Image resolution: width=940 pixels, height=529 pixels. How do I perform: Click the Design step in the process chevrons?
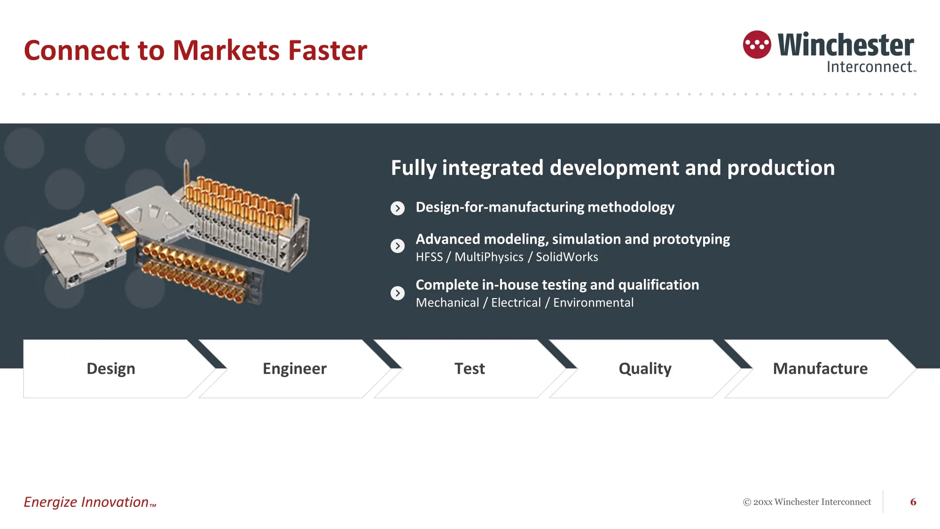coord(111,369)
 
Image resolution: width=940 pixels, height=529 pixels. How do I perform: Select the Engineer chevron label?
coord(295,369)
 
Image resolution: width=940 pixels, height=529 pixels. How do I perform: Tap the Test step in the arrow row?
coord(470,369)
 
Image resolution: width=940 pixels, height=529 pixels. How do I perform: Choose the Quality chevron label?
coord(645,369)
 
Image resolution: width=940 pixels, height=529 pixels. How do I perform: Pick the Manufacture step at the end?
coord(820,369)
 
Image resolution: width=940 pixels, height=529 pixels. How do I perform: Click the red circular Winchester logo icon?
coord(757,45)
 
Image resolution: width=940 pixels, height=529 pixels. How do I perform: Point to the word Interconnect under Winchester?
coord(869,67)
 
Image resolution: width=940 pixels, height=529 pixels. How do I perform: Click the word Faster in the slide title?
coord(328,50)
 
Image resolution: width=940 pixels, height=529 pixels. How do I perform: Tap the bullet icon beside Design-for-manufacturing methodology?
coord(398,208)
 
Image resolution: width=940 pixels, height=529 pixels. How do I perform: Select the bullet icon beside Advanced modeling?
coord(398,246)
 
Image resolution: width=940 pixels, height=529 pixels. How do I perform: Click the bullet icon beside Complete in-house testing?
coord(398,293)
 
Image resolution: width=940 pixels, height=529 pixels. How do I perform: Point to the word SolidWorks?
coord(567,257)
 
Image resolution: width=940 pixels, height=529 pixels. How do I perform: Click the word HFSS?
coord(429,257)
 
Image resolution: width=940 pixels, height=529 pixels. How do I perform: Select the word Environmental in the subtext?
coord(593,303)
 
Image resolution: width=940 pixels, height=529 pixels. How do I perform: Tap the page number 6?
coord(913,502)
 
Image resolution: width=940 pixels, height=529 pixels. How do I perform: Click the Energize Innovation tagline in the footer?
coord(90,502)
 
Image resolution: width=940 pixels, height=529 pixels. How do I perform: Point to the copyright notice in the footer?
coord(807,502)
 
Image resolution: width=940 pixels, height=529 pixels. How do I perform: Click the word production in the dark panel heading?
coord(781,168)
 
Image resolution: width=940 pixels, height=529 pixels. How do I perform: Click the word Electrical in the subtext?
coord(516,303)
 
